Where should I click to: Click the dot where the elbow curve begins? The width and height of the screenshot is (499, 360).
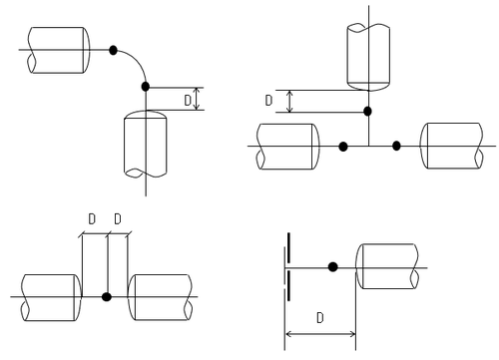113,50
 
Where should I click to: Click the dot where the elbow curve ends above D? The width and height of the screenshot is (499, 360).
146,87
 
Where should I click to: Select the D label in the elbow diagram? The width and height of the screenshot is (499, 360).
188,100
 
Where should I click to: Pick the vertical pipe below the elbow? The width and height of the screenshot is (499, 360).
146,144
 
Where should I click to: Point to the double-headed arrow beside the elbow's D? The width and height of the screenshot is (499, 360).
197,99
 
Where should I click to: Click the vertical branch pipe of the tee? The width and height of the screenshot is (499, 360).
368,57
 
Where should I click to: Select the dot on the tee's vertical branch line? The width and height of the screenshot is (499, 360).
367,112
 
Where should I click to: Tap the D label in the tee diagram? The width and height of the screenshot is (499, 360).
268,100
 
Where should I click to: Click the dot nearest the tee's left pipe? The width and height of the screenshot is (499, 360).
343,147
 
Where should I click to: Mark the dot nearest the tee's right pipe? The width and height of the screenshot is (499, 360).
396,146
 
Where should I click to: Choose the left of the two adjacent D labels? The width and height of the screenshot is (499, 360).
92,219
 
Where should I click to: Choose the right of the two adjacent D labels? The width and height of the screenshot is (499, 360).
118,219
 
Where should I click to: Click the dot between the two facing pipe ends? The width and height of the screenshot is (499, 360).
107,297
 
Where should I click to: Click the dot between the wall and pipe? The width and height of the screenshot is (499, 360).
332,267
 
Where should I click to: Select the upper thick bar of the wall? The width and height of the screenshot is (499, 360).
288,247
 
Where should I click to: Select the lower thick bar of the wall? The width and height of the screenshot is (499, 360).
288,286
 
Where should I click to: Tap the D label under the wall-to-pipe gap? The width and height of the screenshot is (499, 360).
319,318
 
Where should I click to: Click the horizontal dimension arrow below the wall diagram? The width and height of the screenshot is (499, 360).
320,334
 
